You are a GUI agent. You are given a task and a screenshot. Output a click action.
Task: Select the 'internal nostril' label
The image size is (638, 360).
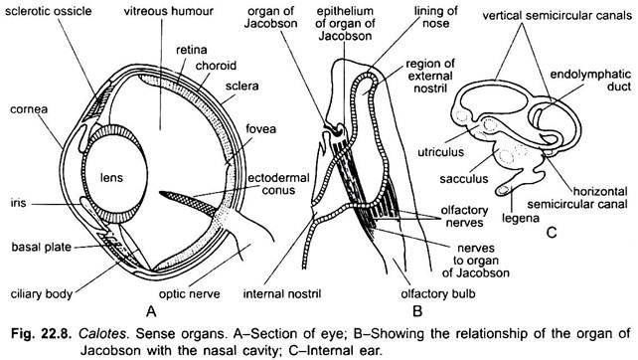coord(284,292)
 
